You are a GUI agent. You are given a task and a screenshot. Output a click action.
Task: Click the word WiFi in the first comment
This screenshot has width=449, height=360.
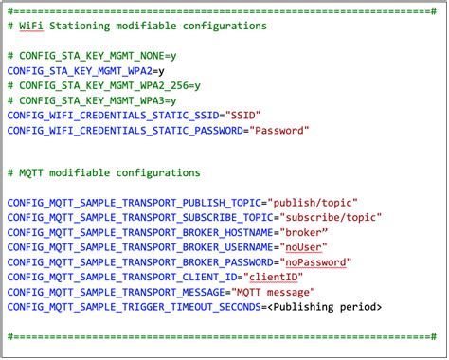tap(31, 26)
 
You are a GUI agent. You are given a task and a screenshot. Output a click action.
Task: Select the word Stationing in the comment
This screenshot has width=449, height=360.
tap(80, 26)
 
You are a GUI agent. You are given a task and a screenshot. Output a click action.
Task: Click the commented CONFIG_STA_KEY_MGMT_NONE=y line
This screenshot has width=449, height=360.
tap(92, 56)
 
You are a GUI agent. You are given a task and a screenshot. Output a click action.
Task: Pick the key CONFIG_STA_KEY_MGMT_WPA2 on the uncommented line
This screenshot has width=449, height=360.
tap(80, 71)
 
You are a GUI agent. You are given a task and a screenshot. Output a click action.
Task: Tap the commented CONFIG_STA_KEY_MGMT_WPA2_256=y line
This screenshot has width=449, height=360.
tap(104, 85)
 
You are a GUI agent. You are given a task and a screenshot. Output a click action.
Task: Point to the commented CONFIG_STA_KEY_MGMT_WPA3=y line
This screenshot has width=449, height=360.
tap(92, 100)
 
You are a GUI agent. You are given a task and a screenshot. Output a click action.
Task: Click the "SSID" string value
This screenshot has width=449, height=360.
tap(242, 116)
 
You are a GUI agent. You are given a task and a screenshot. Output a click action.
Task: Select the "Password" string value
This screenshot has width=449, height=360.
tap(279, 131)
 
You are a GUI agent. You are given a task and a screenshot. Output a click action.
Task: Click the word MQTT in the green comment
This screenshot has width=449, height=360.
tap(31, 173)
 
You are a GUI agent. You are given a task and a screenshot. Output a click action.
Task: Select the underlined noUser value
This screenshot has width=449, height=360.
tap(303, 247)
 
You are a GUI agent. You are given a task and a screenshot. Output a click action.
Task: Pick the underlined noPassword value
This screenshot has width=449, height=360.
tap(315, 262)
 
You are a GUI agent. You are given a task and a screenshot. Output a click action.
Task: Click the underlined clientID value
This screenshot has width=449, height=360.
tap(274, 278)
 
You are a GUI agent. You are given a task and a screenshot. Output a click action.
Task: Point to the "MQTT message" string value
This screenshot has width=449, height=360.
tap(273, 292)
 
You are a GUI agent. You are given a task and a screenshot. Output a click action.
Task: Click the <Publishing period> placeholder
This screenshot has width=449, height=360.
tap(325, 307)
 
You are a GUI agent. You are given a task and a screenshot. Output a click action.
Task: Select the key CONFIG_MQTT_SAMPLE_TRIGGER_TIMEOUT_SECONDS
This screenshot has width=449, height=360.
tap(135, 307)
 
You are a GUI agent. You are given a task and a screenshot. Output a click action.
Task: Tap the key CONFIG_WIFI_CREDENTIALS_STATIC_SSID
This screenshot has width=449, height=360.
tap(113, 116)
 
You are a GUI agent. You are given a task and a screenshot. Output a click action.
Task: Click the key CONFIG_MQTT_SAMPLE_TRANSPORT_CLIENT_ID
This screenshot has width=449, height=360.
tap(122, 278)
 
